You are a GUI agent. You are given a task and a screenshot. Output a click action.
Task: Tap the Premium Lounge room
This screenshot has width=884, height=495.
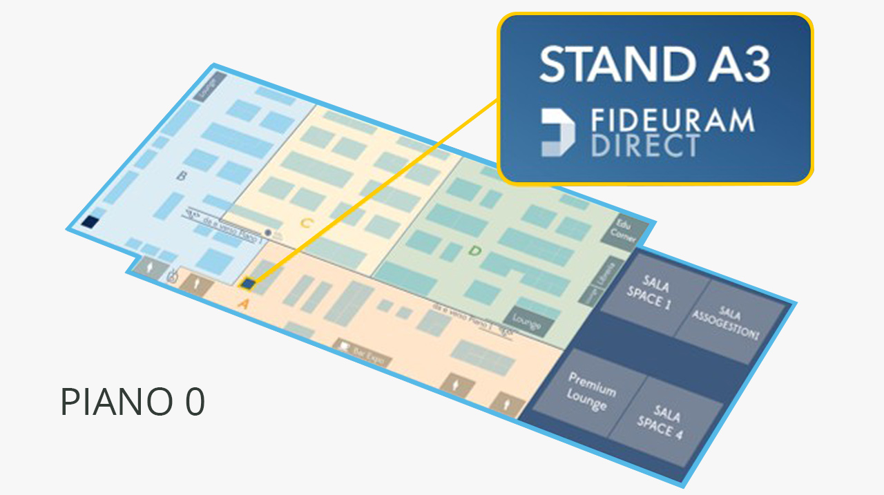(x=586, y=391)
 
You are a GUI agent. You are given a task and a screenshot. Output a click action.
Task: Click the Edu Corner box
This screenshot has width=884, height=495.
(x=624, y=231)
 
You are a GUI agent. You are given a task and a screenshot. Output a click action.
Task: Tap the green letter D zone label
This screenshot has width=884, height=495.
(x=474, y=251)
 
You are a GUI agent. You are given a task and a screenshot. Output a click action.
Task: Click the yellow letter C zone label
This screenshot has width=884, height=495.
(x=307, y=223)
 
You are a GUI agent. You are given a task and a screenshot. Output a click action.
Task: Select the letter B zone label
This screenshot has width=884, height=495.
(x=182, y=176)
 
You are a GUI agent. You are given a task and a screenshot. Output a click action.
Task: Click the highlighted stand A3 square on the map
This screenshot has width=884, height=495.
(x=247, y=283)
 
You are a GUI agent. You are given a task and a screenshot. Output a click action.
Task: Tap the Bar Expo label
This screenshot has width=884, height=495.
(x=363, y=353)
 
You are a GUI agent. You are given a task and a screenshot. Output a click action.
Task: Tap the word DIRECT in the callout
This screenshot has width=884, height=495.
(x=646, y=146)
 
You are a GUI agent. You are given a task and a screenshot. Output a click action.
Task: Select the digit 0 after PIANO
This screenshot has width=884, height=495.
(x=195, y=402)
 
